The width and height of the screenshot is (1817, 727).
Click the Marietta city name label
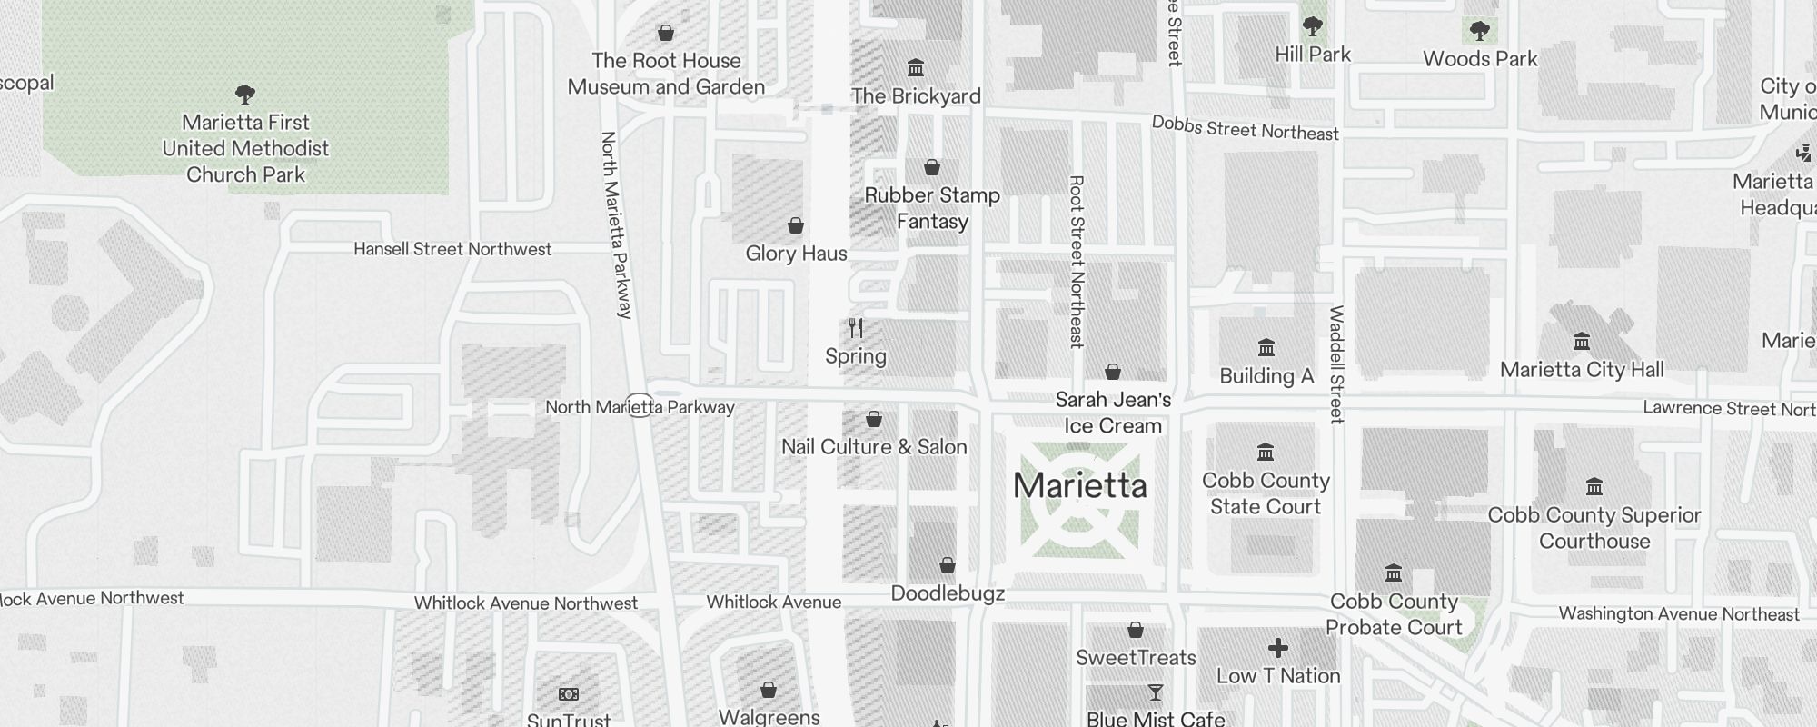[x=1079, y=485]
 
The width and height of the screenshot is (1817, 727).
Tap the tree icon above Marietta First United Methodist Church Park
[x=244, y=94]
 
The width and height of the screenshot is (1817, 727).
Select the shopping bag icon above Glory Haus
[x=796, y=225]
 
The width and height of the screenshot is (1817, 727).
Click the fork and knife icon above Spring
[x=856, y=328]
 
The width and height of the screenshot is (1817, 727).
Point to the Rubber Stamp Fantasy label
[x=932, y=208]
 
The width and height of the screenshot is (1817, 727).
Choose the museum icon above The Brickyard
[x=916, y=68]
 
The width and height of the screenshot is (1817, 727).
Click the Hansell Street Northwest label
[x=452, y=249]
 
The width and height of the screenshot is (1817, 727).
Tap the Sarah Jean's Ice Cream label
[x=1113, y=413]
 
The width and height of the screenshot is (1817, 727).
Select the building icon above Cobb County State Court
[x=1266, y=453]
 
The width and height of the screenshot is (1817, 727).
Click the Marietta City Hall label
[x=1582, y=370]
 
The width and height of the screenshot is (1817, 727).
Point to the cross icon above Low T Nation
[x=1278, y=648]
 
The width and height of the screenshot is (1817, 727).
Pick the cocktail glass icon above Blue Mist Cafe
[x=1156, y=693]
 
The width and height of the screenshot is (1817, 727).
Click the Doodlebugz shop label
[x=948, y=594]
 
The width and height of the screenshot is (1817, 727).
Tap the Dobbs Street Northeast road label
[x=1245, y=128]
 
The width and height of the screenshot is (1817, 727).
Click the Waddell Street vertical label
[x=1336, y=363]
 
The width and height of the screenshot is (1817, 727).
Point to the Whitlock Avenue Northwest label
[x=526, y=603]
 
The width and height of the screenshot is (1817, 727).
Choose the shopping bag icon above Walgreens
[x=769, y=690]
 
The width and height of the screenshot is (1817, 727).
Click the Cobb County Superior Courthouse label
[x=1594, y=528]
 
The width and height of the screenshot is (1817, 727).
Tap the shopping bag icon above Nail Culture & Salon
[x=874, y=419]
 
